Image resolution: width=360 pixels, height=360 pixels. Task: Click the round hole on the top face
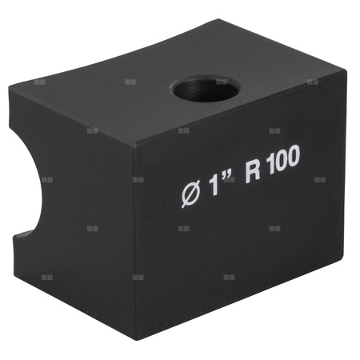coord(206,89)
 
